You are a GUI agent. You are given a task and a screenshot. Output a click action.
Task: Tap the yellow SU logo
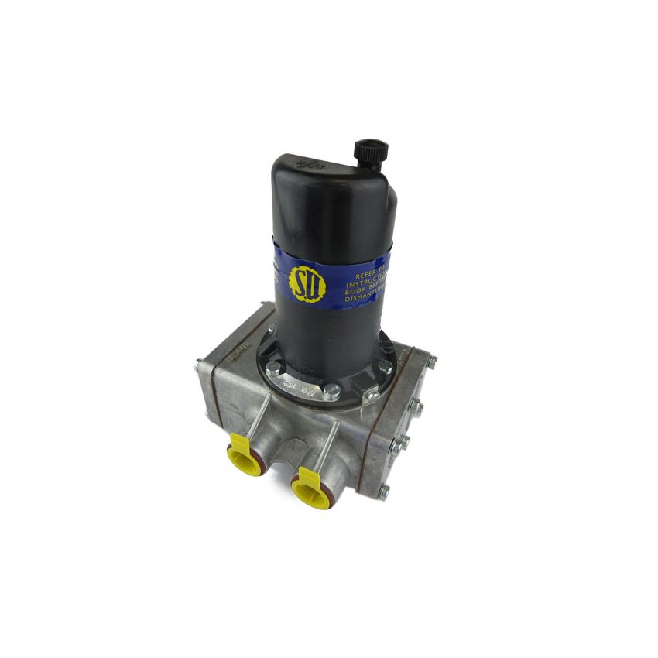coord(307,284)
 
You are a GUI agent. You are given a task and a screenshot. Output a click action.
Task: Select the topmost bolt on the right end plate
coord(432,360)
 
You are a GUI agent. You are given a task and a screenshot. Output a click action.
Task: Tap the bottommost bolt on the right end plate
coord(387,489)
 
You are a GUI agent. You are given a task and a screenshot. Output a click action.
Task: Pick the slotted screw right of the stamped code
coord(331,389)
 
